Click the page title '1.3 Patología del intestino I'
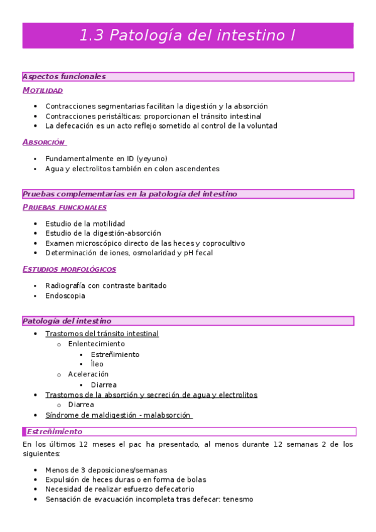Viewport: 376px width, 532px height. point(188,36)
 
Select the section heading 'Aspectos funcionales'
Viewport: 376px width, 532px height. point(64,77)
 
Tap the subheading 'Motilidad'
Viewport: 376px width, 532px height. point(43,90)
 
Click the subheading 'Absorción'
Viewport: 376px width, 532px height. point(43,142)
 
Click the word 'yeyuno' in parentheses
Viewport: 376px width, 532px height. point(151,159)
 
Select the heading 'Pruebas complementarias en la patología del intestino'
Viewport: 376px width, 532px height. point(129,194)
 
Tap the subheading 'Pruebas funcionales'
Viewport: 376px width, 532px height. point(64,208)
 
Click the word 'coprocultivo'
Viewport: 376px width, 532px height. point(222,243)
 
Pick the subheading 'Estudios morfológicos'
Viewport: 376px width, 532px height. point(69,269)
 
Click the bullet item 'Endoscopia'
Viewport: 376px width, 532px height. point(65,295)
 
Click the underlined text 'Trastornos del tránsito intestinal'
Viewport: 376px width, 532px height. point(102,334)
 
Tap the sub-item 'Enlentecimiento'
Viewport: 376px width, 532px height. point(96,344)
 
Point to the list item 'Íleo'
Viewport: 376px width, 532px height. point(97,364)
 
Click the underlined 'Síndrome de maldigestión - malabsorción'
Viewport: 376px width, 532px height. point(119,415)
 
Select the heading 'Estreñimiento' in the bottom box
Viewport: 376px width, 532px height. point(55,432)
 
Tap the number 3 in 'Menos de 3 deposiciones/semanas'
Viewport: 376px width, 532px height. point(90,469)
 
